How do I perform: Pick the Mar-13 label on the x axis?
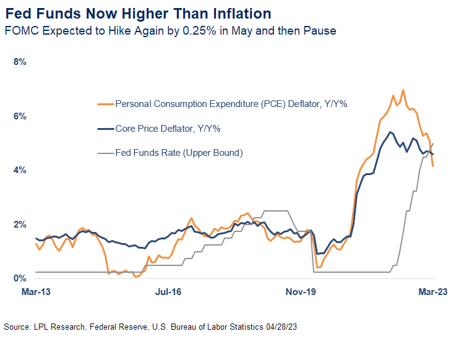pyautogui.click(x=36, y=293)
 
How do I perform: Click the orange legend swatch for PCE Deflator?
pyautogui.click(x=106, y=105)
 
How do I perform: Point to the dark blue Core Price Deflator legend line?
pyautogui.click(x=106, y=129)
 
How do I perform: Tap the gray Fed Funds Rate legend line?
pyautogui.click(x=106, y=152)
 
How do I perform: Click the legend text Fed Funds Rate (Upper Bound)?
pyautogui.click(x=179, y=152)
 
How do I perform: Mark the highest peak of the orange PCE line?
pyautogui.click(x=403, y=90)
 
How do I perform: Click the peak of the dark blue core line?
pyautogui.click(x=390, y=132)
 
